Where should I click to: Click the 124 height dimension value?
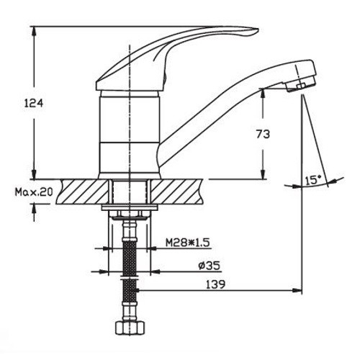(34, 103)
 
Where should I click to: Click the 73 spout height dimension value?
(263, 135)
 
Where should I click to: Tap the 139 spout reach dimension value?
(215, 284)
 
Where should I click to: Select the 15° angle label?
(313, 180)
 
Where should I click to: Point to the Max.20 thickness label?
(34, 192)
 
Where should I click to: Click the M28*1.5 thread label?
(188, 243)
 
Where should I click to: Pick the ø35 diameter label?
(210, 266)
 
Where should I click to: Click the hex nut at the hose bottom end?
(130, 328)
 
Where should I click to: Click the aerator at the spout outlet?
(300, 86)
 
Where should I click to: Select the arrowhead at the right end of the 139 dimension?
(297, 290)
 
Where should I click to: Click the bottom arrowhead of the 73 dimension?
(264, 174)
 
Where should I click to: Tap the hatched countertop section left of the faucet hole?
(82, 192)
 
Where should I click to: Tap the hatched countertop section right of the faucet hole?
(177, 192)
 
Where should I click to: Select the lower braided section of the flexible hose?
(130, 290)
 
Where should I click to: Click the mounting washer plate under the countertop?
(130, 208)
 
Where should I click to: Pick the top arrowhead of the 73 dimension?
(264, 94)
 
